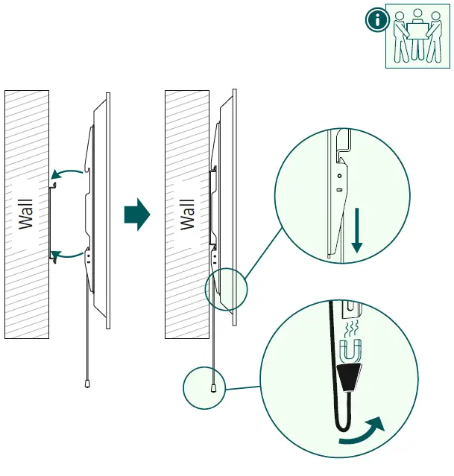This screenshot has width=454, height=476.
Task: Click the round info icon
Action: [x=377, y=19]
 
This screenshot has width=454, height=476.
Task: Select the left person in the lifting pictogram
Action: [x=401, y=37]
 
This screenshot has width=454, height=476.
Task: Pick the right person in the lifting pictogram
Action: [x=434, y=37]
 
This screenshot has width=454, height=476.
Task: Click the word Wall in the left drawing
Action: [x=26, y=215]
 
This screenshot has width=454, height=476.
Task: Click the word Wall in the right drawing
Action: [x=187, y=215]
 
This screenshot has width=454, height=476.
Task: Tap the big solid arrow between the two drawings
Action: [x=137, y=215]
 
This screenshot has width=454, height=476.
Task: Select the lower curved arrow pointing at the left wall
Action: [x=66, y=255]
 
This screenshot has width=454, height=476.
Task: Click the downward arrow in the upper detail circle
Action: [x=357, y=230]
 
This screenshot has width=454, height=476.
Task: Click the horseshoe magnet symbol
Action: [x=350, y=352]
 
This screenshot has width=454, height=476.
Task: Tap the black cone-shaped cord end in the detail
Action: [x=350, y=376]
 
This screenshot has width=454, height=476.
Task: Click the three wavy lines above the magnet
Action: [x=350, y=328]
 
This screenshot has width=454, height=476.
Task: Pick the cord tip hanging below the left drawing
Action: [x=87, y=384]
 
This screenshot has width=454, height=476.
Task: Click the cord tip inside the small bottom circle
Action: [x=214, y=388]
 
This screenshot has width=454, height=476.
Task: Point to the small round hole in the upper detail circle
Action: [x=340, y=176]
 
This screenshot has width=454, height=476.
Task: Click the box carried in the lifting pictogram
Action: [x=418, y=31]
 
